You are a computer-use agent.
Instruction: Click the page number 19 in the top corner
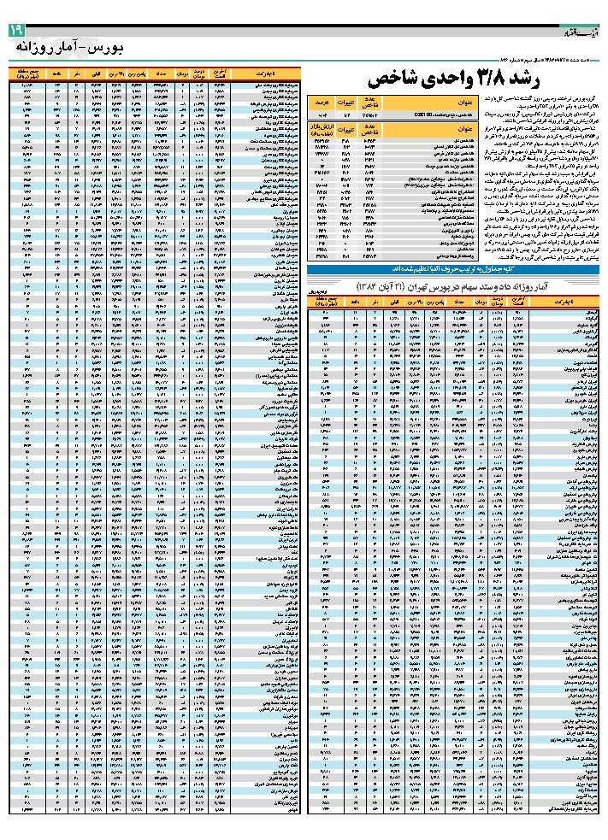coord(16,32)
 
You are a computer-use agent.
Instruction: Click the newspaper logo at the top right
coord(581,32)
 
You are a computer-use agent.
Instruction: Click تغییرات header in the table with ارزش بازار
coord(345,130)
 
